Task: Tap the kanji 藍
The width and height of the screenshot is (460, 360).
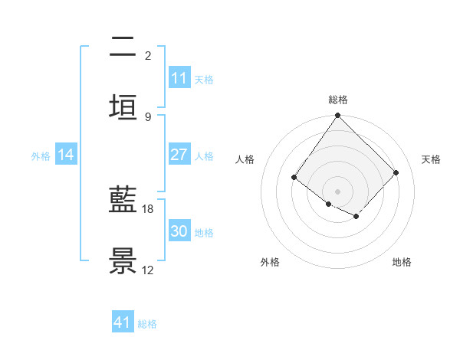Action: (123, 201)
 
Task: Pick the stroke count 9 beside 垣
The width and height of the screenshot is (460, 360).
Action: (148, 116)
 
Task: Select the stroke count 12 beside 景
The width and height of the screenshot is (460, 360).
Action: (148, 270)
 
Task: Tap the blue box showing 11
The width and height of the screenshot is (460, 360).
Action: (179, 78)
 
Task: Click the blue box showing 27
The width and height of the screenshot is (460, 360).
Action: (179, 155)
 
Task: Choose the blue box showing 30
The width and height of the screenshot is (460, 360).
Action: (179, 231)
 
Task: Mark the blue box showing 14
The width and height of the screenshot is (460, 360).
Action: (66, 155)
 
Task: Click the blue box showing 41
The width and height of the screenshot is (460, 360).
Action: (123, 322)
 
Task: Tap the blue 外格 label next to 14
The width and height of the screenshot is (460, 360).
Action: (41, 155)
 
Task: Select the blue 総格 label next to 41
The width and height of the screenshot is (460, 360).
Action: (147, 323)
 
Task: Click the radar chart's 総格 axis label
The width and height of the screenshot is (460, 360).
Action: (338, 100)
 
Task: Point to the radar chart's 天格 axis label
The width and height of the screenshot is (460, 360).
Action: (432, 159)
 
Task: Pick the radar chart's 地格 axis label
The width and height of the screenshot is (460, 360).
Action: (402, 262)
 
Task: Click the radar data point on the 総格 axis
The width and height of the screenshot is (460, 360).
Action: (338, 116)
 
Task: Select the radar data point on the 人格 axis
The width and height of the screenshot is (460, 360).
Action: (294, 178)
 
